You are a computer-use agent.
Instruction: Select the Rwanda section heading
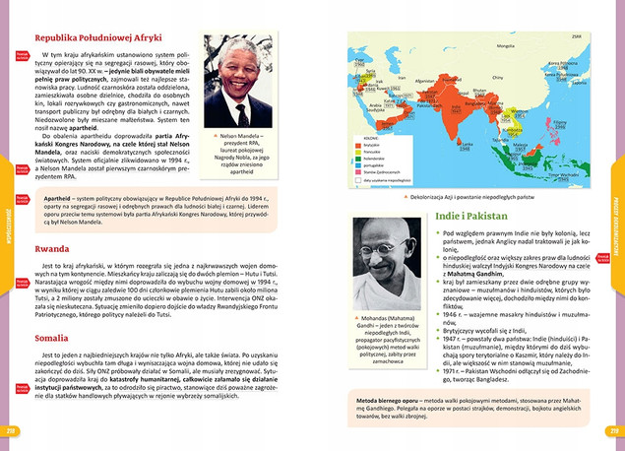52,249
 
